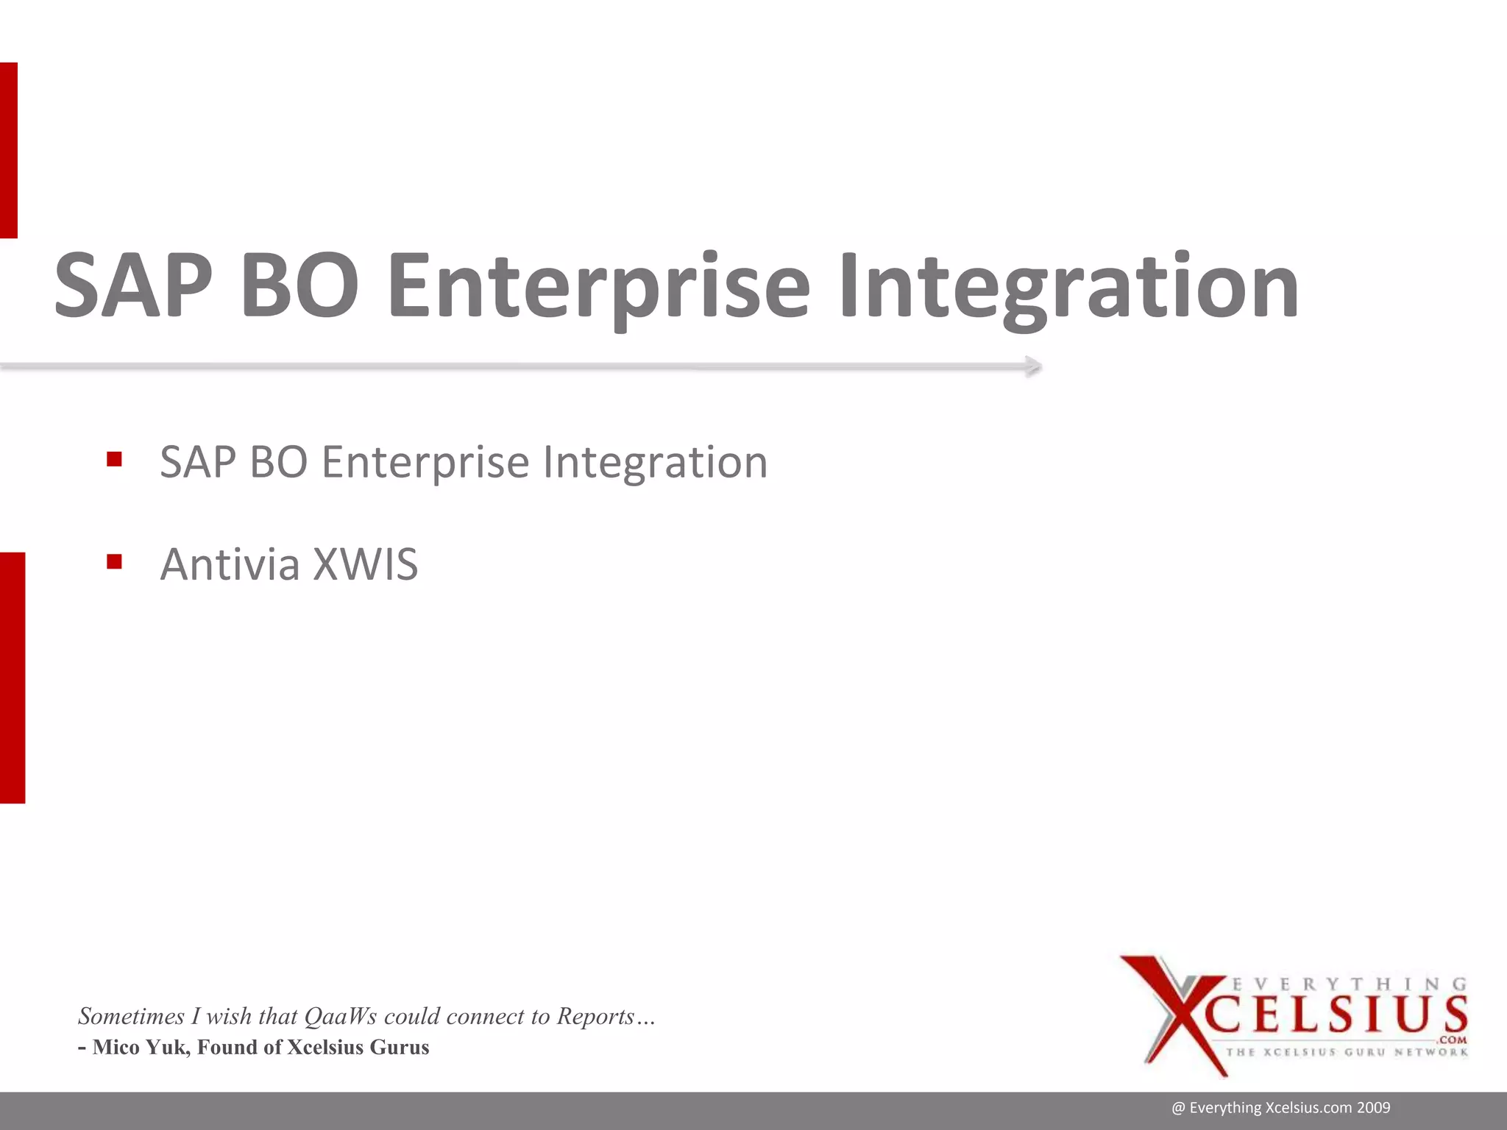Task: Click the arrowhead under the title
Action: (x=1033, y=366)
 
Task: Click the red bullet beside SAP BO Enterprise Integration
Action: (x=114, y=460)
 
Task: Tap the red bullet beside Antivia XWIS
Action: (x=114, y=562)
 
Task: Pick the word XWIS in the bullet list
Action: (x=365, y=564)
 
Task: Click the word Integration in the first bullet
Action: (x=655, y=463)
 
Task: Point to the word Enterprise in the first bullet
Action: (x=425, y=463)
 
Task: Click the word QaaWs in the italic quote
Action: (x=340, y=1016)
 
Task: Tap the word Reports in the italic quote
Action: (x=595, y=1016)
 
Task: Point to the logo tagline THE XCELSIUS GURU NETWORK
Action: (x=1347, y=1052)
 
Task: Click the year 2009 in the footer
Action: (x=1374, y=1108)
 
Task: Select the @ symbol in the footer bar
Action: (x=1178, y=1108)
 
